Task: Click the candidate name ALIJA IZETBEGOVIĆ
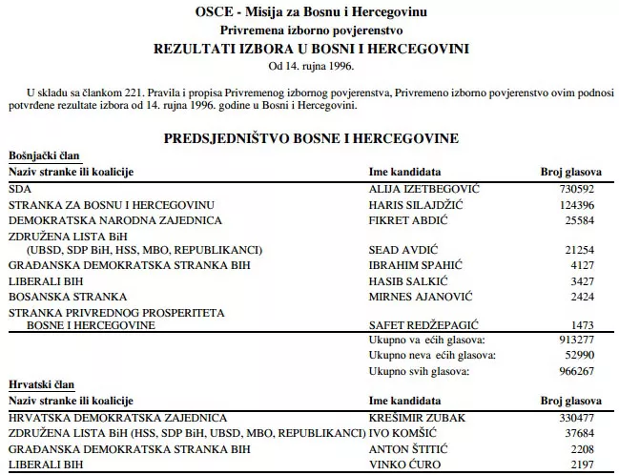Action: pos(423,190)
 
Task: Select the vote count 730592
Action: pos(583,190)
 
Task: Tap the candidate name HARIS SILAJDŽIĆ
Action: pos(418,206)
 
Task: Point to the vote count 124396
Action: pos(583,206)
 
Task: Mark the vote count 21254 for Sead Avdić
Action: pos(586,250)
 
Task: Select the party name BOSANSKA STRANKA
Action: pos(65,297)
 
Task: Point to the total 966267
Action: pos(583,370)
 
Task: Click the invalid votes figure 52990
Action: pos(586,355)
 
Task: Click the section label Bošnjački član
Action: pos(44,155)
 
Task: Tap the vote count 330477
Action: pos(583,418)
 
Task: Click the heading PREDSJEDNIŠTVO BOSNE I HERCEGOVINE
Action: pos(311,138)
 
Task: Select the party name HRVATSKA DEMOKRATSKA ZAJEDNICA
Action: pos(117,418)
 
